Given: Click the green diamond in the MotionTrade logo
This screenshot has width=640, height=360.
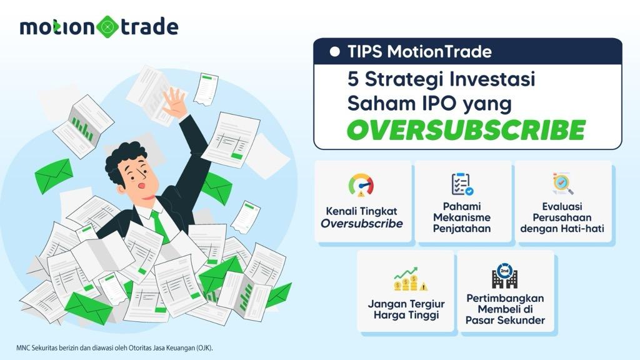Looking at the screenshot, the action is [x=108, y=27].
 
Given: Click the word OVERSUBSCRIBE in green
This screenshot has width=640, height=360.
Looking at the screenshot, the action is [x=466, y=130].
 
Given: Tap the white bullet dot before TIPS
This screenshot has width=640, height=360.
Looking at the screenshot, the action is [x=335, y=51].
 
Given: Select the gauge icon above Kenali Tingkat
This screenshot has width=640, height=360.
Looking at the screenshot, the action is [x=361, y=185].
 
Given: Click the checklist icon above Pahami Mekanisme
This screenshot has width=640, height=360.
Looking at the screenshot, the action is [x=462, y=184].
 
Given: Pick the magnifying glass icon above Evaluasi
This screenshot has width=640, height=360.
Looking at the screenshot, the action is [x=563, y=184].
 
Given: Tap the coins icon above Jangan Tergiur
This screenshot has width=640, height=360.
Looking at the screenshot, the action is [x=410, y=279].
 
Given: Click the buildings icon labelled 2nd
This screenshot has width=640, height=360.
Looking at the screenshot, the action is [x=504, y=276].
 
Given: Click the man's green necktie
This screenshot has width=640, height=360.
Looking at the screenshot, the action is [x=160, y=225].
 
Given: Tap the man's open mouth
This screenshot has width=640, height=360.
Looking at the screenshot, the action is [x=141, y=186].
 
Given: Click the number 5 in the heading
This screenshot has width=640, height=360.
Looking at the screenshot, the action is [x=353, y=79].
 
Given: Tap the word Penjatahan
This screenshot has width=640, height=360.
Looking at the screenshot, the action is [x=462, y=229].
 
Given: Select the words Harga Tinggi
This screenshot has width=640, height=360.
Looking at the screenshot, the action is [x=406, y=316].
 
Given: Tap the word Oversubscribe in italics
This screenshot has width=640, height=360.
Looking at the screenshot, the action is [x=362, y=224].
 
